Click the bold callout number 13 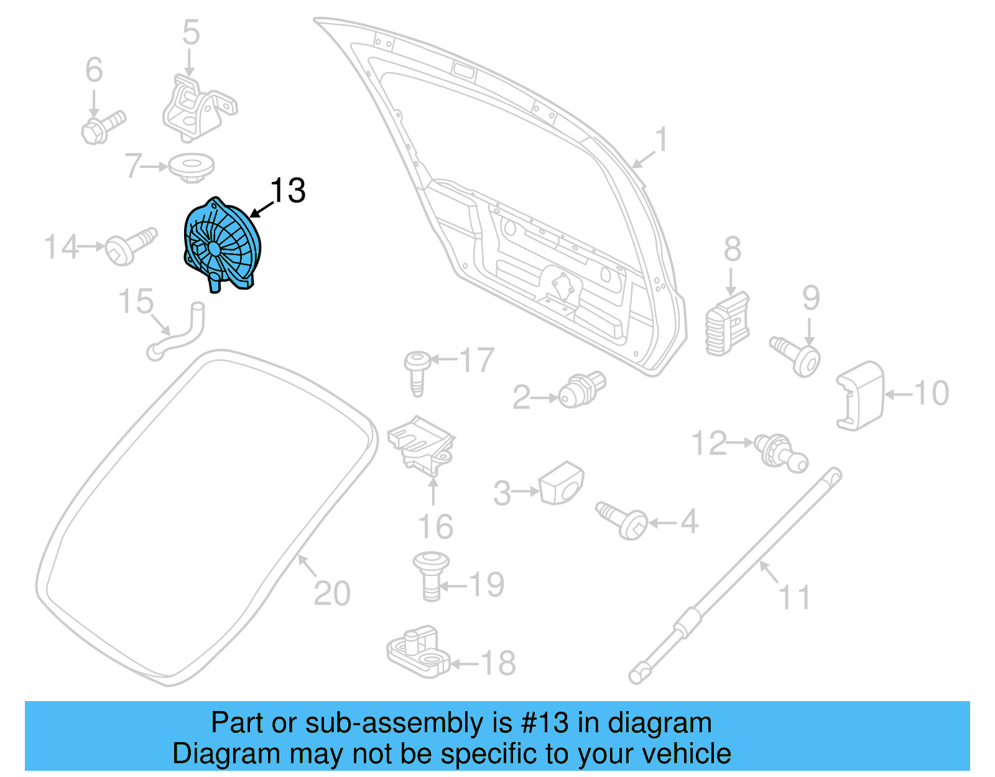coord(288,190)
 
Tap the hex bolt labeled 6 coord(103,126)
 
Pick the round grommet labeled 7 coord(192,167)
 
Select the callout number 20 coord(332,593)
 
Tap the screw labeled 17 coord(417,371)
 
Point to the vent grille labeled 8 coord(727,325)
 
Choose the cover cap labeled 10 coord(861,395)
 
